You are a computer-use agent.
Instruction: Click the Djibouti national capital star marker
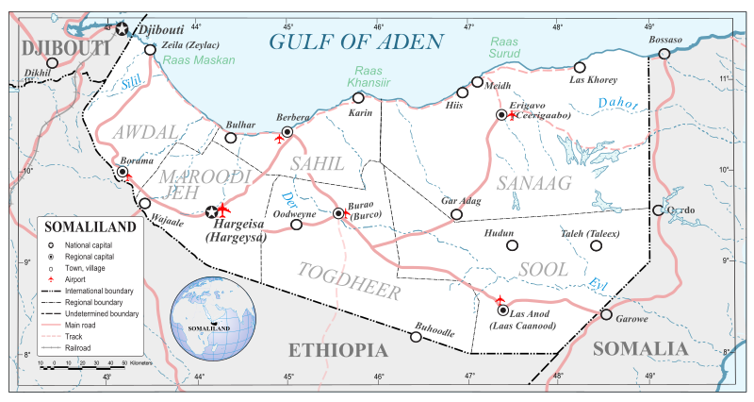pyautogui.click(x=122, y=30)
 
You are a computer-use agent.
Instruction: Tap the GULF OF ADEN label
pyautogui.click(x=355, y=42)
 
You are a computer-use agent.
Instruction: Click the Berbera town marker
pyautogui.click(x=287, y=132)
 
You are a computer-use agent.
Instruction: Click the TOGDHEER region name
pyautogui.click(x=351, y=291)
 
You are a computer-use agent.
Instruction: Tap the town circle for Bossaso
pyautogui.click(x=664, y=54)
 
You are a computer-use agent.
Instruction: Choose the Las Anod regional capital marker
pyautogui.click(x=502, y=310)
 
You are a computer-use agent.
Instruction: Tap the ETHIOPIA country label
pyautogui.click(x=337, y=350)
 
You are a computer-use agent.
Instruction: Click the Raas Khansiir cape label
pyautogui.click(x=370, y=77)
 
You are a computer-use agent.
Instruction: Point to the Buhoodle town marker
pyautogui.click(x=417, y=336)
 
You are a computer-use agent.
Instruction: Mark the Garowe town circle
pyautogui.click(x=606, y=315)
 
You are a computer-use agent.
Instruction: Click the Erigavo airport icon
pyautogui.click(x=512, y=115)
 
